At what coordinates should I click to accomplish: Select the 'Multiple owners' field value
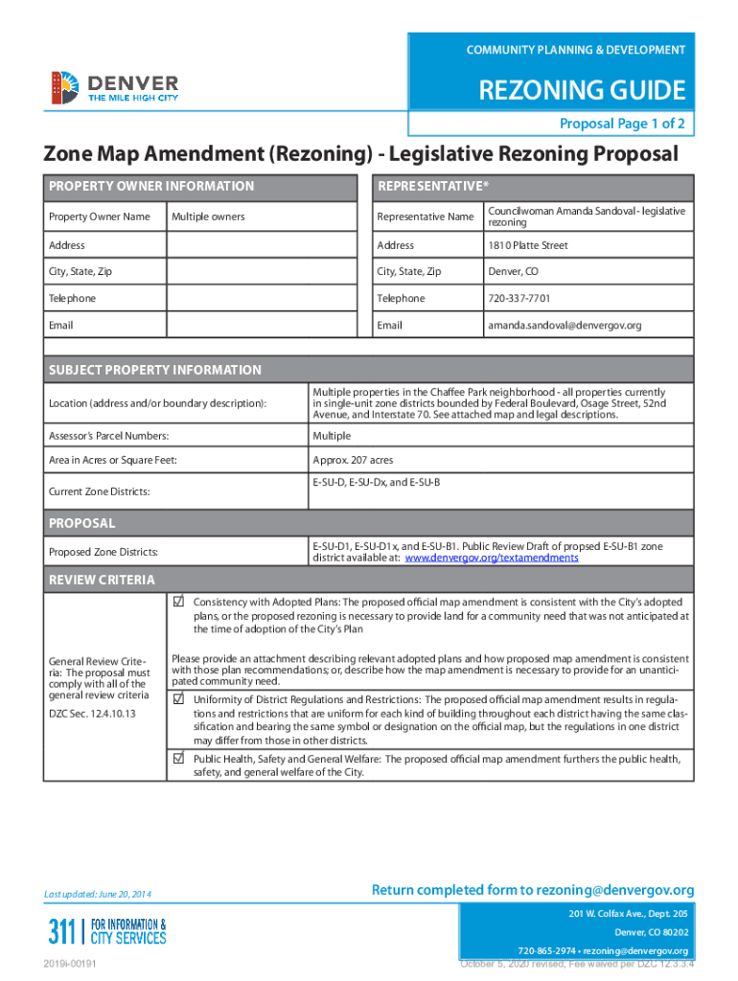208,217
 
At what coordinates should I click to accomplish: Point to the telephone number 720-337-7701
519,298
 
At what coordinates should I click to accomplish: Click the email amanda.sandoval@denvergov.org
564,325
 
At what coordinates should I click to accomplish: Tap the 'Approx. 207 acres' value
353,460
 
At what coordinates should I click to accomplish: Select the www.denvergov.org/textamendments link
492,558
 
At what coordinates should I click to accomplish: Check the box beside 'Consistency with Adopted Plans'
178,602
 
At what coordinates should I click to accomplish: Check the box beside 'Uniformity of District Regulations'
178,699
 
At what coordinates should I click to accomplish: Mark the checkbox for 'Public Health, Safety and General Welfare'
178,758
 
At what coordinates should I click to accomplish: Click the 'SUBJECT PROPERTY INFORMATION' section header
155,370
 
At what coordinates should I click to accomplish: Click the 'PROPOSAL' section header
82,523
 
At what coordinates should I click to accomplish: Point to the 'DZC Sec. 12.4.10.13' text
92,714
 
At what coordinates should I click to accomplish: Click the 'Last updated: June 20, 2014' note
97,895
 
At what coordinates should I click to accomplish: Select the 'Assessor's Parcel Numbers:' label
108,436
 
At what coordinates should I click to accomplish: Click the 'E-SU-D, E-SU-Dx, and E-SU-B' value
376,482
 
